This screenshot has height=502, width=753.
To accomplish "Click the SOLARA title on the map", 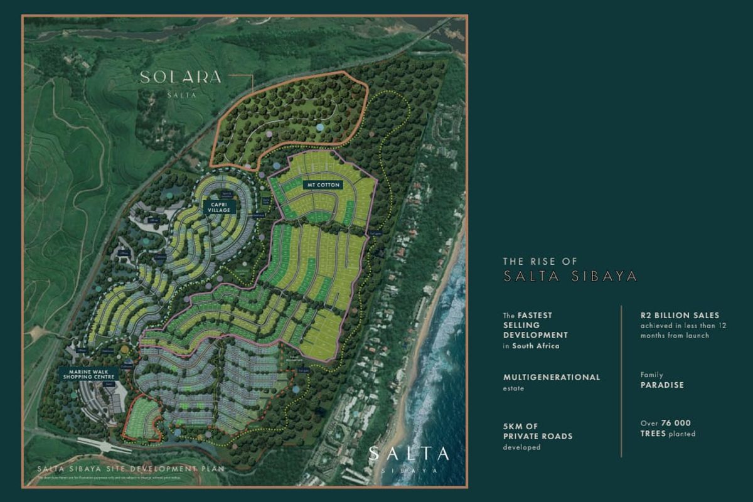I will [181, 77].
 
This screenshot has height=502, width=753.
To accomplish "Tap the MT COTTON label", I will [323, 185].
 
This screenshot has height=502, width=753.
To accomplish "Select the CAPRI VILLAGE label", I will [220, 206].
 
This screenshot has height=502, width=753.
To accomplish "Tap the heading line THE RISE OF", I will [540, 261].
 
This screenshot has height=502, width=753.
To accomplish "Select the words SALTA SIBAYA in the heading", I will [570, 276].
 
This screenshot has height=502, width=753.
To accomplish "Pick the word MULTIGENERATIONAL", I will [552, 377].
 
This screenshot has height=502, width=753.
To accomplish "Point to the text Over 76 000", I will [665, 423].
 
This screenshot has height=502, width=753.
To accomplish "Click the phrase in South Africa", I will [531, 346].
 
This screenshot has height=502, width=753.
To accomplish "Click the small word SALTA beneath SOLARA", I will [182, 95].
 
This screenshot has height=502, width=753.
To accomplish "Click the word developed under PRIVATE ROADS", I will [521, 447].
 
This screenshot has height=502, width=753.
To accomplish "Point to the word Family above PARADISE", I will [651, 375].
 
